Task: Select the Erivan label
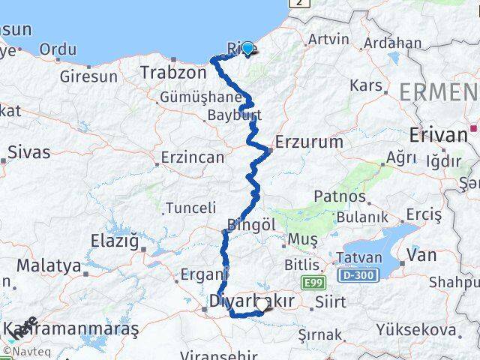tap(439, 135)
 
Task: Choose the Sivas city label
tap(29, 152)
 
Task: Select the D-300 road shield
tap(355, 277)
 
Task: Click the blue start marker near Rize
tap(248, 48)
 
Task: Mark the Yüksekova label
tap(415, 329)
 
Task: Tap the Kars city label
tap(366, 85)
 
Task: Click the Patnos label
tap(340, 197)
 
